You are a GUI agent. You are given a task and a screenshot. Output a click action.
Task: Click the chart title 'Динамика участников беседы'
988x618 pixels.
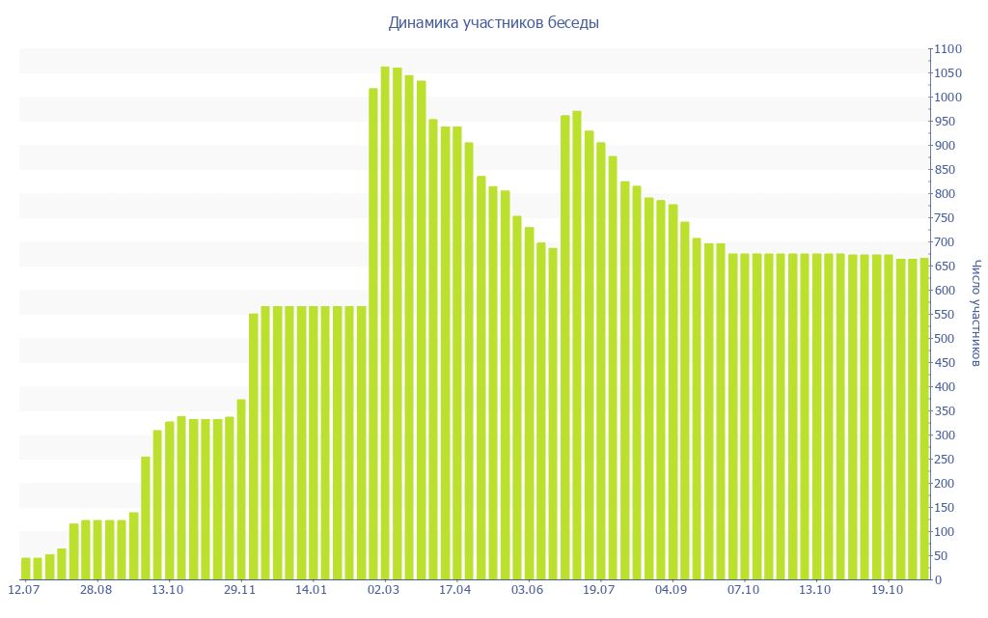pyautogui.click(x=493, y=22)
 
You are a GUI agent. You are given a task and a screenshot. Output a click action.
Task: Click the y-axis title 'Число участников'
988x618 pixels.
pyautogui.click(x=975, y=313)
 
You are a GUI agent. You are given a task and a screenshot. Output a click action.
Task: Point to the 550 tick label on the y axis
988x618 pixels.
pyautogui.click(x=947, y=315)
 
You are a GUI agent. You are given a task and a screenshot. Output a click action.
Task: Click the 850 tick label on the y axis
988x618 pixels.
pyautogui.click(x=947, y=170)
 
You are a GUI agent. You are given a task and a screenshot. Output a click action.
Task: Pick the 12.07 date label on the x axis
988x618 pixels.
pyautogui.click(x=23, y=589)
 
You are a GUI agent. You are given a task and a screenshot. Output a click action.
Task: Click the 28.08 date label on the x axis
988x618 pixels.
pyautogui.click(x=96, y=589)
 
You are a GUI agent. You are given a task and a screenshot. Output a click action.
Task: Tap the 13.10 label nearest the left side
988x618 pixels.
pyautogui.click(x=168, y=589)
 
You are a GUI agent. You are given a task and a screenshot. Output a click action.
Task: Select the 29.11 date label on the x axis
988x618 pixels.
pyautogui.click(x=239, y=589)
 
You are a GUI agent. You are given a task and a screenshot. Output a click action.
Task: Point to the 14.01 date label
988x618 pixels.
pyautogui.click(x=312, y=589)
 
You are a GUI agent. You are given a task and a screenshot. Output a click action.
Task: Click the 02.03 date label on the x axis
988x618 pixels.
pyautogui.click(x=384, y=589)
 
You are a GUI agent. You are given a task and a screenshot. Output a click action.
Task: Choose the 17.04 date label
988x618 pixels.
pyautogui.click(x=455, y=589)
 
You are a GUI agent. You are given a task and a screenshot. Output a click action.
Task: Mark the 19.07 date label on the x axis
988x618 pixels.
pyautogui.click(x=599, y=589)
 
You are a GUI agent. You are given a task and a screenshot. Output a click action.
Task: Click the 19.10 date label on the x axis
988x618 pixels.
pyautogui.click(x=887, y=589)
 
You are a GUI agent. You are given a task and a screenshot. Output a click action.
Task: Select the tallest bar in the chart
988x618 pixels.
pyautogui.click(x=385, y=323)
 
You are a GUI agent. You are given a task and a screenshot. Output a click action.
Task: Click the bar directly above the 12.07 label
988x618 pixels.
pyautogui.click(x=26, y=569)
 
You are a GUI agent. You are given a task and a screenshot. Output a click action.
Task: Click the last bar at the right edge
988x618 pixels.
pyautogui.click(x=923, y=419)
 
